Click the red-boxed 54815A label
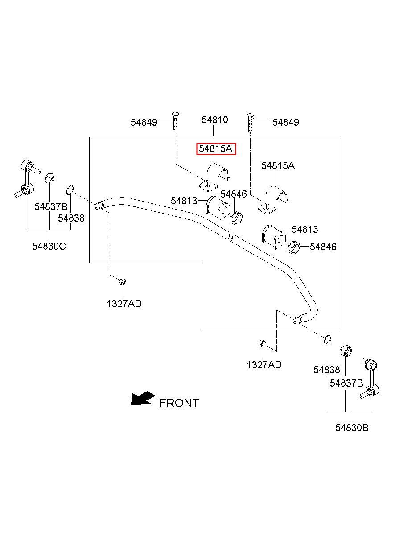click(x=216, y=149)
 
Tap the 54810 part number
click(x=215, y=120)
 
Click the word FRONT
click(x=179, y=403)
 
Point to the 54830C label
click(x=49, y=247)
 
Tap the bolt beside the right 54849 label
click(x=250, y=123)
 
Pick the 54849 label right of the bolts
click(x=286, y=123)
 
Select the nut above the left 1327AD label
click(x=123, y=281)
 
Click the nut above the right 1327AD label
click(x=262, y=343)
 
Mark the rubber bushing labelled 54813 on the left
click(x=218, y=208)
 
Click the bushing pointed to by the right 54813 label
click(x=274, y=237)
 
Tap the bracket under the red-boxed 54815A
click(x=214, y=178)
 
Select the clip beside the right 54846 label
click(x=294, y=247)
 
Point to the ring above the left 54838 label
click(x=70, y=190)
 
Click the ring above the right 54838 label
click(x=328, y=340)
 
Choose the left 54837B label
click(x=51, y=206)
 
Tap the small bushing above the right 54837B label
click(x=346, y=351)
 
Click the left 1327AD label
click(x=124, y=304)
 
